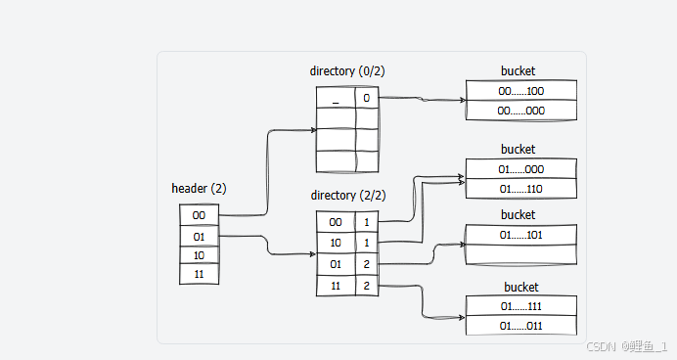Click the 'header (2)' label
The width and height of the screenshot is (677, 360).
coord(199,189)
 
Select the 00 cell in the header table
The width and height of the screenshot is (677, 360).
coord(199,215)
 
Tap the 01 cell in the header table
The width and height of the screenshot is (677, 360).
coord(199,236)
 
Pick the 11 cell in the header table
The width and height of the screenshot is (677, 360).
coord(199,275)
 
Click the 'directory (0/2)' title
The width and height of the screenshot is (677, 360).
coord(346,71)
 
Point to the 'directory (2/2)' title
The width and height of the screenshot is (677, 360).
coord(346,196)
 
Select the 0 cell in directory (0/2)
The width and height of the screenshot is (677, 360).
coord(366,98)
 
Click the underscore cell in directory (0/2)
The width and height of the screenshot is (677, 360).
coord(336,98)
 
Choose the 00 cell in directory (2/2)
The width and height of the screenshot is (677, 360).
coord(336,221)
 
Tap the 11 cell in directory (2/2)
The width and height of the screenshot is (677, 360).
coord(336,285)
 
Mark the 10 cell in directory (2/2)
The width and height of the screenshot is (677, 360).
coord(336,243)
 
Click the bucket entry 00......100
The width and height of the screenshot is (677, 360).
coord(520,91)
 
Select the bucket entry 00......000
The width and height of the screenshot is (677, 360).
coord(520,111)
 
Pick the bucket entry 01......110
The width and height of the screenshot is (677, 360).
coord(520,189)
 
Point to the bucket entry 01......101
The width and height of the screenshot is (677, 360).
coord(520,235)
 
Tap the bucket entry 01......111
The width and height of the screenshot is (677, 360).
coord(520,306)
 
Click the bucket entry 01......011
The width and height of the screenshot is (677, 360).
coord(520,326)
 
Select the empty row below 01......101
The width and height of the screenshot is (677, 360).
coord(520,254)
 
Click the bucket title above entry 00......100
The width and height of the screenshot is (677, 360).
coord(518,71)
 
